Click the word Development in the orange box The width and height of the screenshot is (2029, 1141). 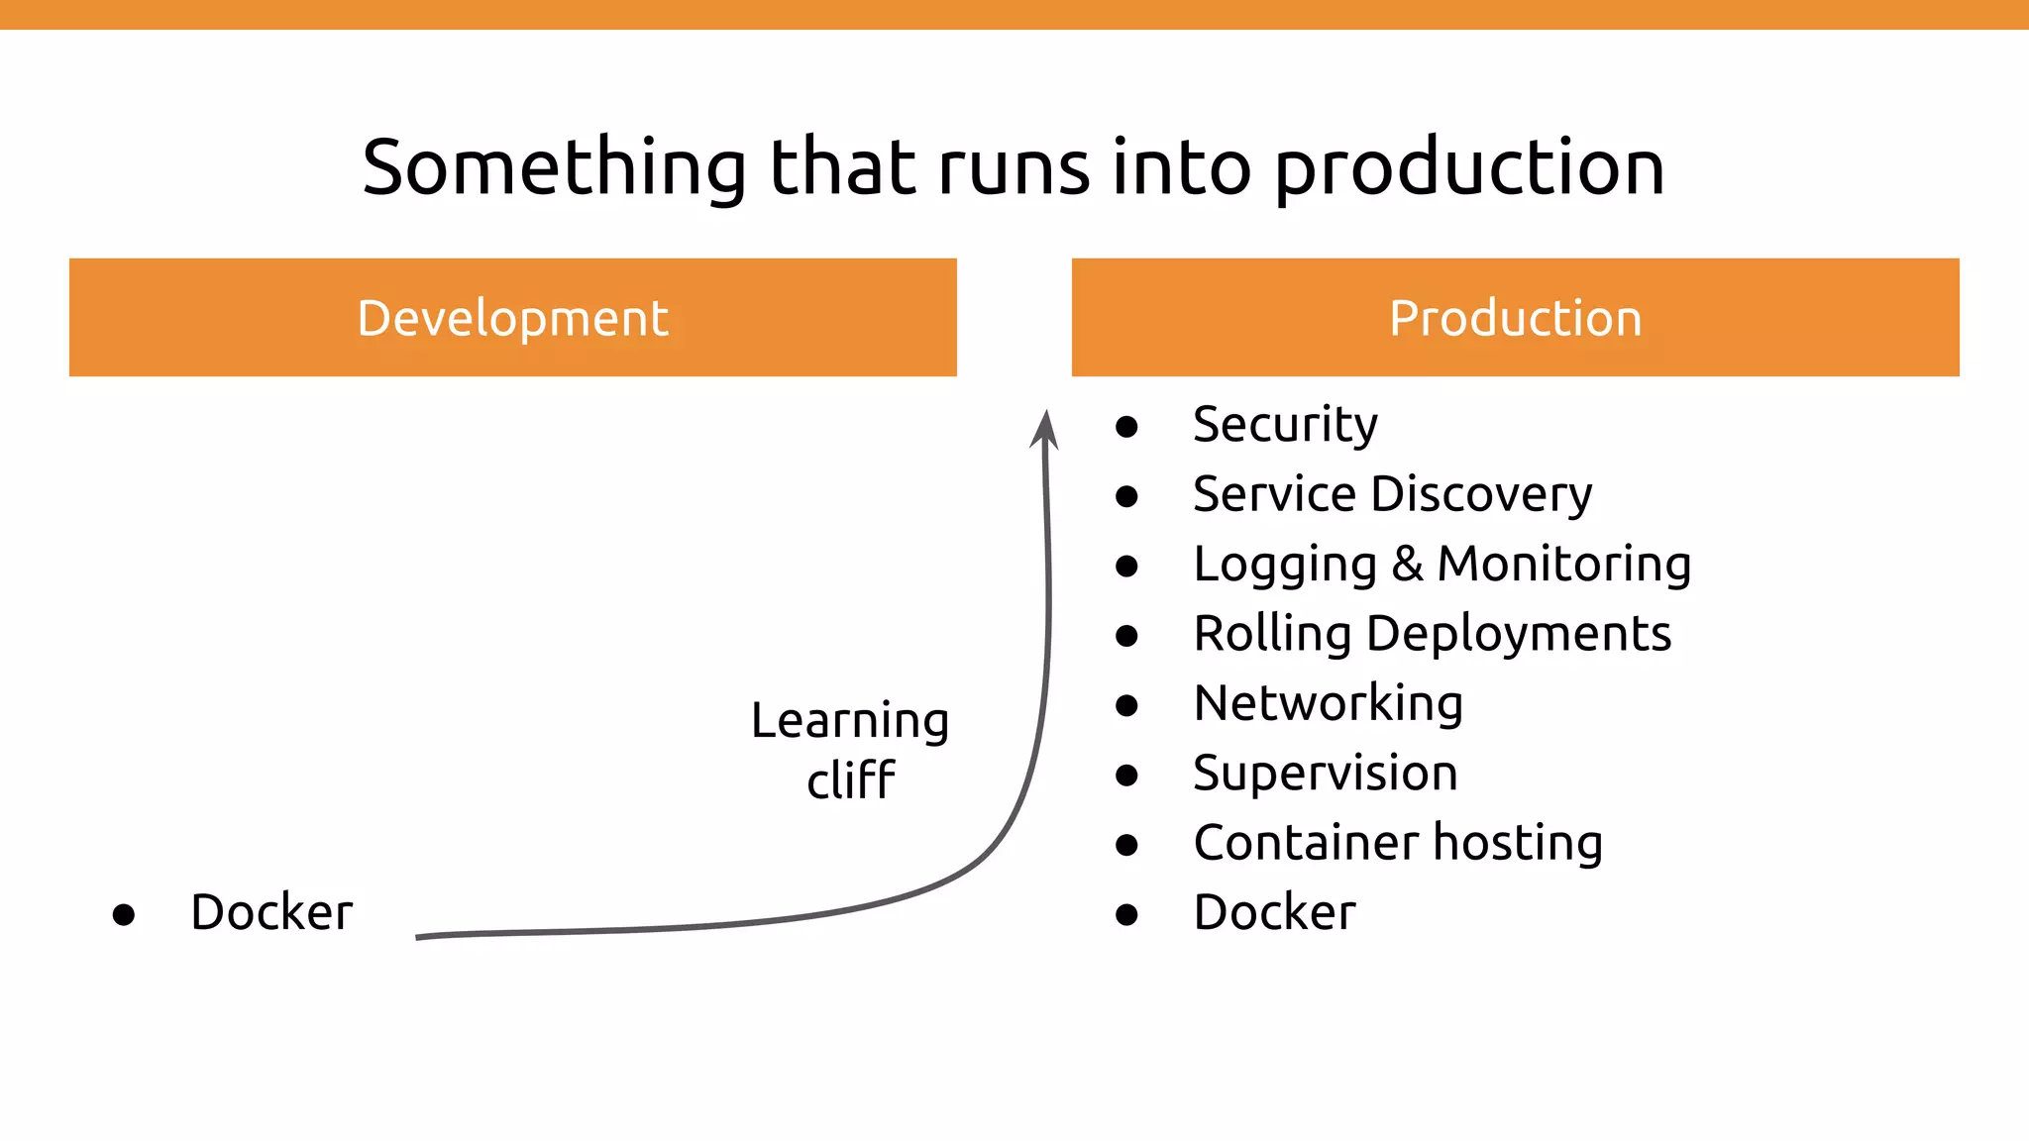[512, 319]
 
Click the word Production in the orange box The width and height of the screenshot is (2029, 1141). [1515, 319]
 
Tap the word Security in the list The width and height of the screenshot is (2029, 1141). [1285, 425]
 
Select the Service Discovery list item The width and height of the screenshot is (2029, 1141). [1392, 494]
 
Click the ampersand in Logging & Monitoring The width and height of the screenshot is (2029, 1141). [1407, 564]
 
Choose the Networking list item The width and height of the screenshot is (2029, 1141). [1328, 704]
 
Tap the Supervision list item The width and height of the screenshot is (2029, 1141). [1325, 774]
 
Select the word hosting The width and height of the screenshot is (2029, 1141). [1518, 844]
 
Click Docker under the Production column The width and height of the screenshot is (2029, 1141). [1274, 912]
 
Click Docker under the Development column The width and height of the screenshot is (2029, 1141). [270, 912]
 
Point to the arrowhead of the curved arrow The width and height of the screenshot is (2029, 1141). [1044, 428]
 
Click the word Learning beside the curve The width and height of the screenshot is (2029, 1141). [849, 721]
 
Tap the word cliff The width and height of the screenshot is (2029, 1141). [850, 780]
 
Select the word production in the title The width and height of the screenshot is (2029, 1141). [1468, 169]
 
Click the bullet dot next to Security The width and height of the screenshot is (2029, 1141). [1126, 427]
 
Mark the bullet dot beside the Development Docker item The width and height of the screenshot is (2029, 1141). [124, 914]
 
